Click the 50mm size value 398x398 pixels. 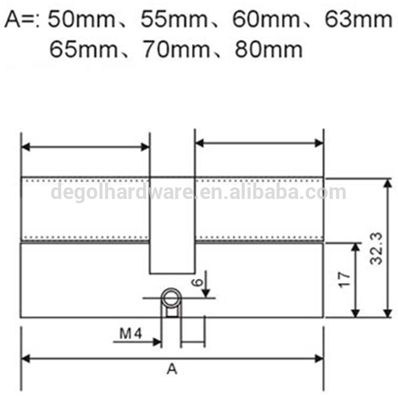tap(82, 19)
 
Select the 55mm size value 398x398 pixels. tap(174, 19)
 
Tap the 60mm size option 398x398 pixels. tap(266, 19)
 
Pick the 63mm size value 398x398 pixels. tap(358, 19)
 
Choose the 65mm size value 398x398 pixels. tap(83, 49)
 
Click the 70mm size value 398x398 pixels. tap(177, 49)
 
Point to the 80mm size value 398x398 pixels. tap(269, 49)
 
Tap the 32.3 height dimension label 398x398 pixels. tap(376, 248)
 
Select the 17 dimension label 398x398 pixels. tap(345, 280)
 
